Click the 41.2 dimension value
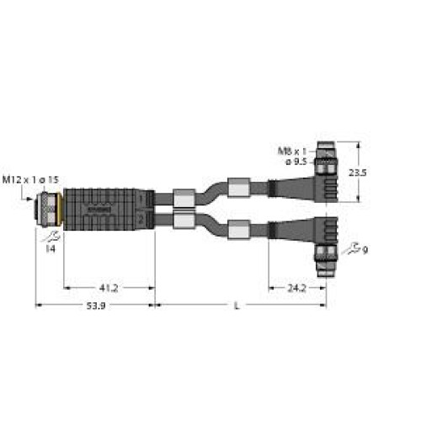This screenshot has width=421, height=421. point(109,287)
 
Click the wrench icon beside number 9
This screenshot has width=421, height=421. point(359,248)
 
